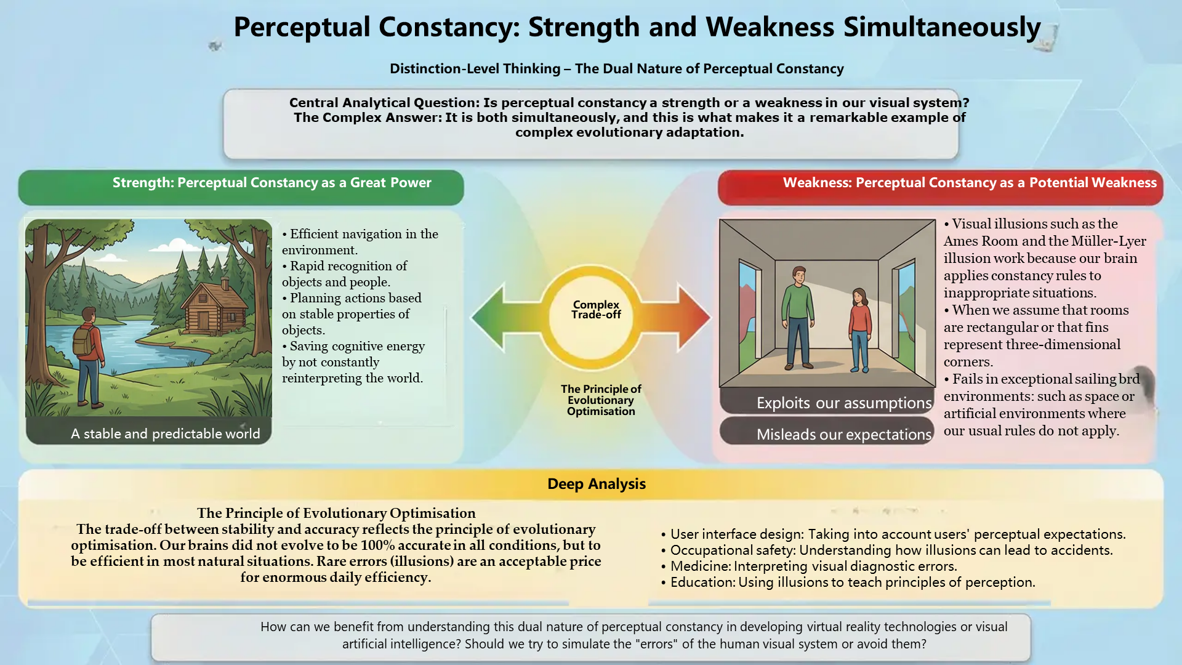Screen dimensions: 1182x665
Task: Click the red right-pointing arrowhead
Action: click(694, 317)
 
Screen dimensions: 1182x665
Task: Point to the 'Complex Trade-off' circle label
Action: click(596, 309)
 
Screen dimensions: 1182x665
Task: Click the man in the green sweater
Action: click(799, 318)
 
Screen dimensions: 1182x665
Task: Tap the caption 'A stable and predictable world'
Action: click(166, 433)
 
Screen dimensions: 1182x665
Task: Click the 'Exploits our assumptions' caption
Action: click(844, 403)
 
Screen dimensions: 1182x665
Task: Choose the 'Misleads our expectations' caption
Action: click(844, 434)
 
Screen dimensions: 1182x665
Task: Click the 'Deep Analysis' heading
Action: click(597, 484)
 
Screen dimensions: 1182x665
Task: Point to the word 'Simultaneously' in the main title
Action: click(942, 28)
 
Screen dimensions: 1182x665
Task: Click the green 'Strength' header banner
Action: click(241, 187)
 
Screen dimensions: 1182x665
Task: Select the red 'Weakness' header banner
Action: click(940, 187)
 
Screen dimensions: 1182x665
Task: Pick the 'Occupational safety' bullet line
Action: click(886, 550)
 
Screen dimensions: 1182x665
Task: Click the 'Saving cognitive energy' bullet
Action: click(353, 362)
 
